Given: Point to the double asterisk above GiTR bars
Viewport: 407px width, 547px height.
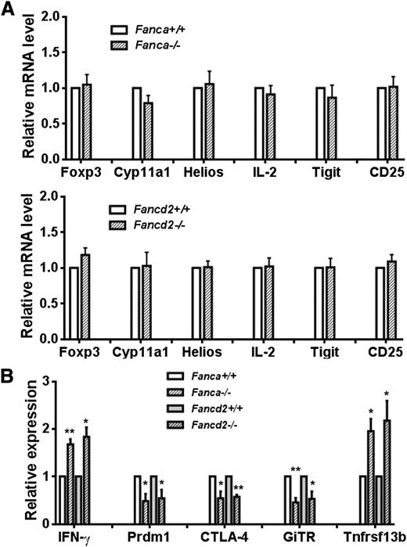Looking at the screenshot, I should pyautogui.click(x=294, y=470).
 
